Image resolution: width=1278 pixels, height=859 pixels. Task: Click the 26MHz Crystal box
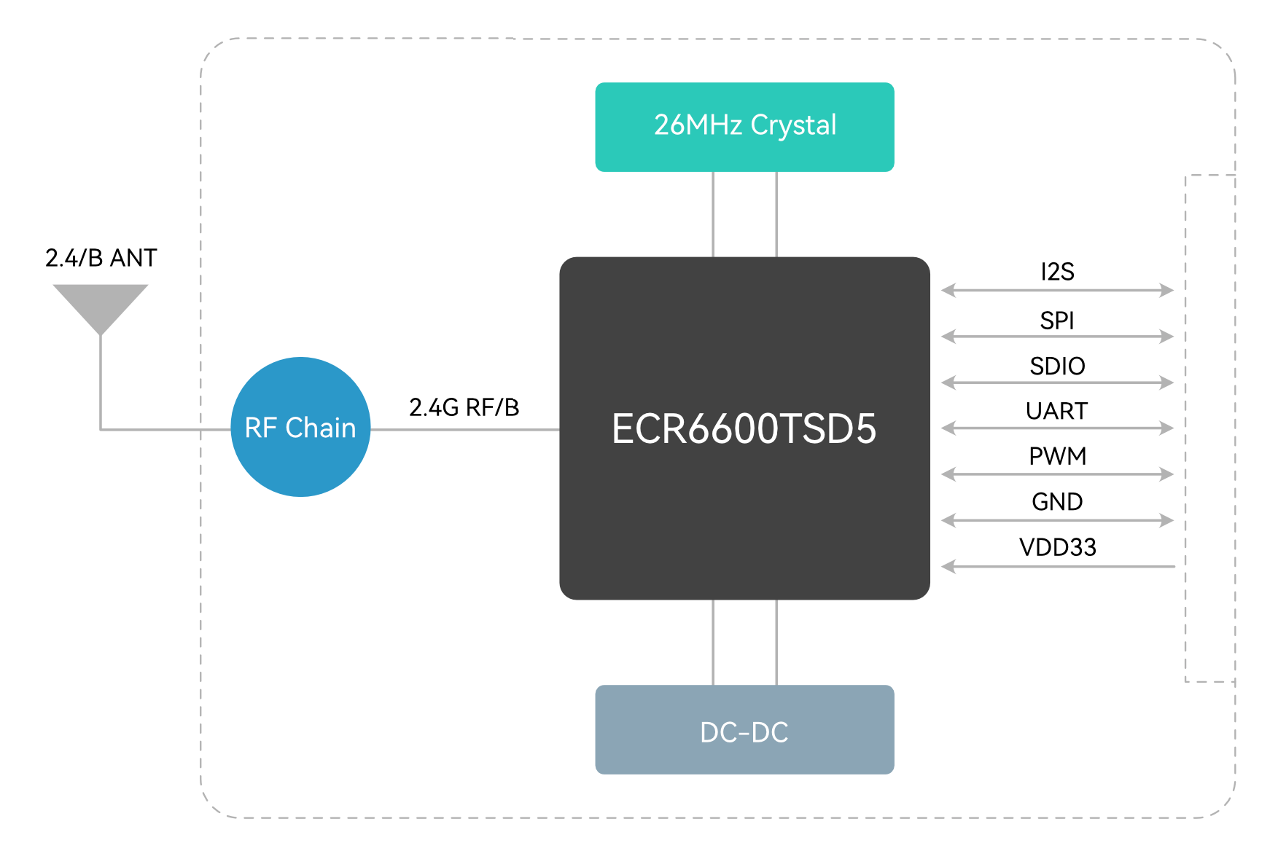[744, 127]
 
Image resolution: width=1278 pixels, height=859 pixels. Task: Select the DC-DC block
[744, 729]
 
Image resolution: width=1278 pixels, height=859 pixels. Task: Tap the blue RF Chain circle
[300, 427]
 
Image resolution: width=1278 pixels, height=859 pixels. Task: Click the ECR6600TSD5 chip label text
[744, 428]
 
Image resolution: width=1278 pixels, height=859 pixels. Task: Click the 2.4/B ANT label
[101, 258]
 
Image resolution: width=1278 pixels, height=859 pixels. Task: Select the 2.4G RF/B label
[464, 407]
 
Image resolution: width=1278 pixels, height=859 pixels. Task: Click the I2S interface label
[1057, 272]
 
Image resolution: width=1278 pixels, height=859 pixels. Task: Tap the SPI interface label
[1057, 320]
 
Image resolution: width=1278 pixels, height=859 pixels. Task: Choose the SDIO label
[1057, 366]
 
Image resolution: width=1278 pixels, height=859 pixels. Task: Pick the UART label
[1057, 411]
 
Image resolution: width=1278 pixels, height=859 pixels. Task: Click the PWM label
[1057, 456]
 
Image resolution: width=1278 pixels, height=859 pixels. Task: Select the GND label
[1057, 501]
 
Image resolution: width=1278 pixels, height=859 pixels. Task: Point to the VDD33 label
[1057, 547]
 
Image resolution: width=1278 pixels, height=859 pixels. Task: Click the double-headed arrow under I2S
[1057, 290]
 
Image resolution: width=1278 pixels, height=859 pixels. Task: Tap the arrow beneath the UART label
[1057, 428]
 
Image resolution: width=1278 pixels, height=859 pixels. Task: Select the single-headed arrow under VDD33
[1057, 566]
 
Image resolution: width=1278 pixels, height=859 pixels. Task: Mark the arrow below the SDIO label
[1057, 382]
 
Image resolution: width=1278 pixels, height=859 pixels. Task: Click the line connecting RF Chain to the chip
[464, 430]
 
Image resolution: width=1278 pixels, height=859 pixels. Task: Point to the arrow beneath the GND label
[1057, 520]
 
